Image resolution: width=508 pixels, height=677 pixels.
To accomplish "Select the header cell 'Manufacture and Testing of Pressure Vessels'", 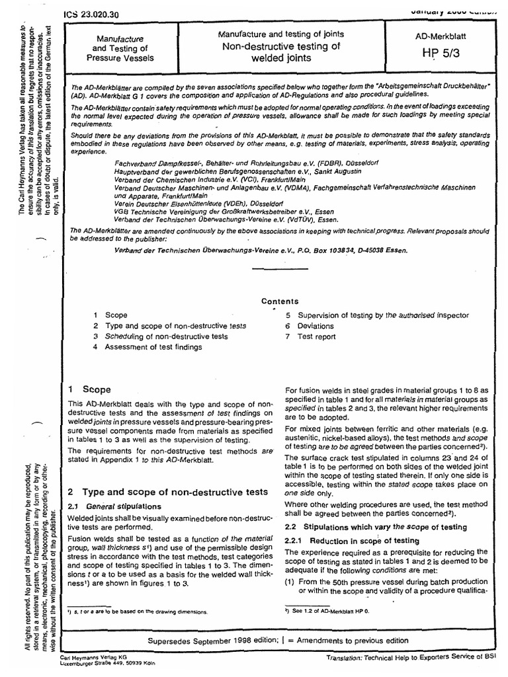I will click(x=122, y=48).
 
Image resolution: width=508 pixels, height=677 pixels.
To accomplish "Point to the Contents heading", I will click(x=280, y=301).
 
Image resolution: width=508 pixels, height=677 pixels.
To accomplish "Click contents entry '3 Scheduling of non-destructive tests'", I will click(x=161, y=337).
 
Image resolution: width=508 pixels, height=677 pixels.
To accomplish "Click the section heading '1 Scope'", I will click(x=90, y=389).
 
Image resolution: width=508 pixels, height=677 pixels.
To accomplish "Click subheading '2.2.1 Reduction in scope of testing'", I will click(x=344, y=540).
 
